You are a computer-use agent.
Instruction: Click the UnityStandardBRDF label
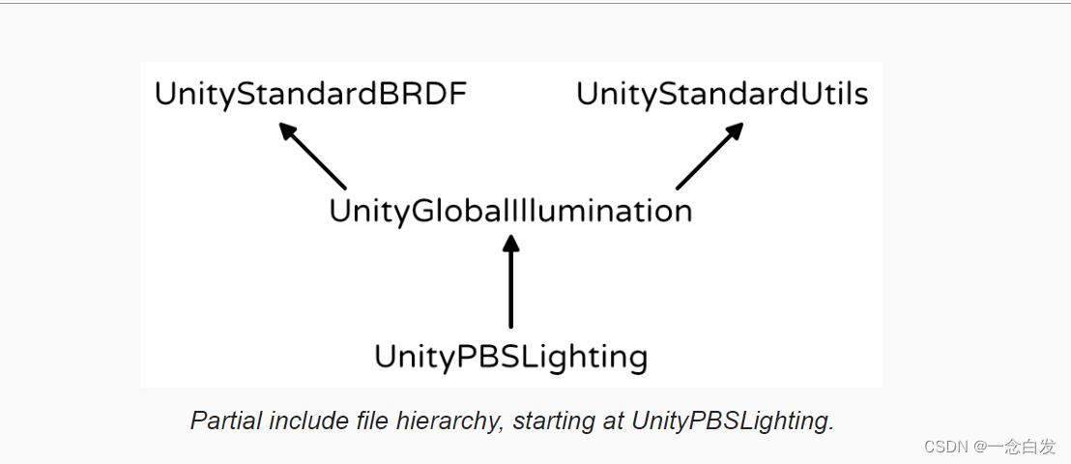click(x=311, y=94)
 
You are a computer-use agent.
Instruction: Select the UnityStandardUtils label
click(x=722, y=94)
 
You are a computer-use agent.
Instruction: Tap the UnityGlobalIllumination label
click(x=510, y=211)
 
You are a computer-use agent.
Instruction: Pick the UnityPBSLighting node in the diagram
click(x=510, y=357)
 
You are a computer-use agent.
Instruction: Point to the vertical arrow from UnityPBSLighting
click(x=511, y=285)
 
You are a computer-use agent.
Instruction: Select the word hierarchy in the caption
click(x=457, y=421)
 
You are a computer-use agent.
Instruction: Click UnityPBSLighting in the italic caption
click(x=732, y=421)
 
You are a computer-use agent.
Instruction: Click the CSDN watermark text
click(x=946, y=447)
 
